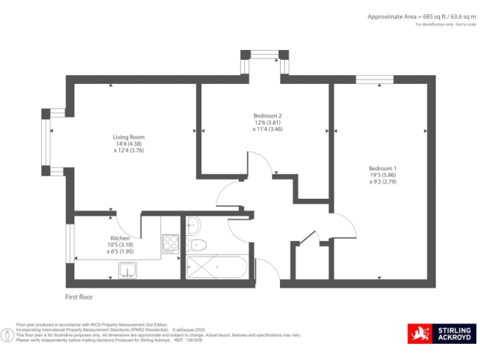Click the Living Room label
[129, 137]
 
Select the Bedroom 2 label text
[267, 116]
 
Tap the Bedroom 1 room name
[382, 169]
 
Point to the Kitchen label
[119, 238]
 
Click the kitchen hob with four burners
[171, 242]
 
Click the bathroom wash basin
[192, 222]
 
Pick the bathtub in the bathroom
[216, 268]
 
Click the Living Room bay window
[46, 142]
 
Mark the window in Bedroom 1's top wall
[375, 79]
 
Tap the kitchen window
[69, 241]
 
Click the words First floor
[79, 297]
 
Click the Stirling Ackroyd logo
[442, 334]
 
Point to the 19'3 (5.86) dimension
[382, 176]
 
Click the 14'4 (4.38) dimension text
[129, 144]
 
